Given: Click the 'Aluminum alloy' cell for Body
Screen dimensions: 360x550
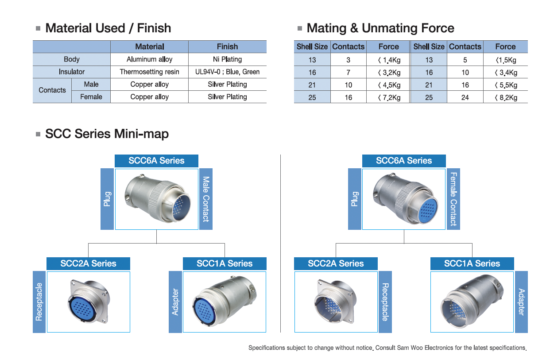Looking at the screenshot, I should click(149, 59).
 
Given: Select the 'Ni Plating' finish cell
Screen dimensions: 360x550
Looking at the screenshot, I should click(227, 59).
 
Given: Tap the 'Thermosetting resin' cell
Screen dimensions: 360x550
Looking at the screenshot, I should click(149, 72).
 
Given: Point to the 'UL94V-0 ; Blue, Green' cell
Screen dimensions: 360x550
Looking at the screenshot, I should click(227, 72).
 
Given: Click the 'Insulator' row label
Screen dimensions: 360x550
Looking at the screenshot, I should click(71, 72).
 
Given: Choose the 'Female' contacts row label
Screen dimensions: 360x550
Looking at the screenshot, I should click(91, 97).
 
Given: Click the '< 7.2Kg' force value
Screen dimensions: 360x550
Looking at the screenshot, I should click(389, 97).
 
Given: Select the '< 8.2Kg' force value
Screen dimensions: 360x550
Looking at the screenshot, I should click(505, 97).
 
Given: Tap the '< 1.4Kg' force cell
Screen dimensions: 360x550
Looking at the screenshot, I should click(389, 60).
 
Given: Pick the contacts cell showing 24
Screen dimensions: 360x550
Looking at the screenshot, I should click(465, 97).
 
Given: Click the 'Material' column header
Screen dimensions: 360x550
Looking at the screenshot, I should click(149, 46).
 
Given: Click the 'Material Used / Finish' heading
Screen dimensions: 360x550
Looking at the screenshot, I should click(108, 28).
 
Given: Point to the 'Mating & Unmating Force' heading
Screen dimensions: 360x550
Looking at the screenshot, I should click(380, 28).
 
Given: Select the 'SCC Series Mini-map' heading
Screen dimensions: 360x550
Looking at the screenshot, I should click(107, 134).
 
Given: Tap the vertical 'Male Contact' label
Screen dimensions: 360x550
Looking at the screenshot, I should click(206, 199).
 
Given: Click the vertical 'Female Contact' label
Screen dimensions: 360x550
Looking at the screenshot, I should click(453, 199).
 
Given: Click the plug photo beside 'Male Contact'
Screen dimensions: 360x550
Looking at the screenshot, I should click(157, 198).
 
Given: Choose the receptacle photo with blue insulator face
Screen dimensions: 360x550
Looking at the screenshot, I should click(88, 302).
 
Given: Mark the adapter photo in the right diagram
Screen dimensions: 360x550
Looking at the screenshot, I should click(472, 302).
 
